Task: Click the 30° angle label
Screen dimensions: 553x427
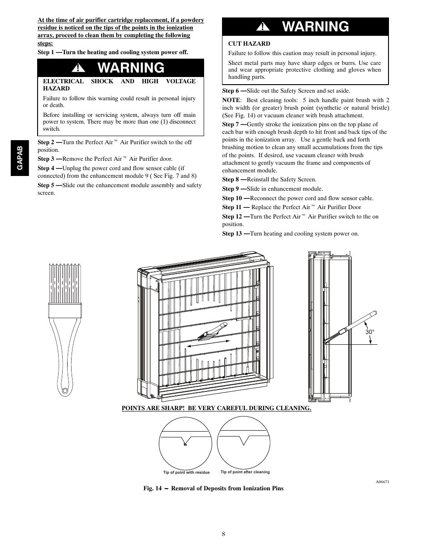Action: (x=369, y=332)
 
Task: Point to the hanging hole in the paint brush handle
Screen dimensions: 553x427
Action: (x=64, y=390)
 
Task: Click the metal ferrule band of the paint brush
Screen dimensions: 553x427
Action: (x=65, y=309)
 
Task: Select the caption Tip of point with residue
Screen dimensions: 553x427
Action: (x=186, y=472)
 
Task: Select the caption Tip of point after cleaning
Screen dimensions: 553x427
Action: (x=245, y=472)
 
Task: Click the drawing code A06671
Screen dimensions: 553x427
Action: (x=382, y=482)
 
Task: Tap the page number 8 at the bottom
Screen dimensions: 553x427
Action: (x=222, y=534)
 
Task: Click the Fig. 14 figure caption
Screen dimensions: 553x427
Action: (x=213, y=488)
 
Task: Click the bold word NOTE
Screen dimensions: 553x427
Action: (x=231, y=100)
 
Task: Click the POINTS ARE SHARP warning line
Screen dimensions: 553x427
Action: (x=216, y=408)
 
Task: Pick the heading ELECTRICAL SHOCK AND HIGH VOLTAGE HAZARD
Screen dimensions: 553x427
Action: (x=119, y=85)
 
